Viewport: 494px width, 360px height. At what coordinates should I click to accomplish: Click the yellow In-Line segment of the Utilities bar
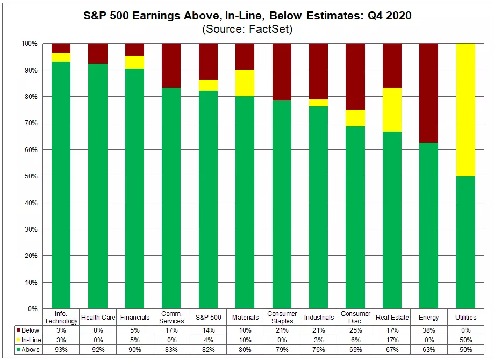pyautogui.click(x=466, y=110)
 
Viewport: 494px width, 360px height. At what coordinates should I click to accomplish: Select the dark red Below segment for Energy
pyautogui.click(x=429, y=93)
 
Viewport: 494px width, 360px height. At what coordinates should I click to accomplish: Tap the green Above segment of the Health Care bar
pyautogui.click(x=98, y=186)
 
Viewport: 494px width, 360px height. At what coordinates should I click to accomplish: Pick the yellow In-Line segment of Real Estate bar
pyautogui.click(x=392, y=110)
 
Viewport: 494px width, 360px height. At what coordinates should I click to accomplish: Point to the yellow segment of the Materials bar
pyautogui.click(x=245, y=83)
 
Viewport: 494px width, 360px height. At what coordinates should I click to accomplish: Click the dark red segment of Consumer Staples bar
pyautogui.click(x=282, y=72)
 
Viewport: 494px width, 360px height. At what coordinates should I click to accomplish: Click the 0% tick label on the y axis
pyautogui.click(x=32, y=309)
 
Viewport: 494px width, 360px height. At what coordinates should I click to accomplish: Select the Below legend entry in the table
pyautogui.click(x=28, y=330)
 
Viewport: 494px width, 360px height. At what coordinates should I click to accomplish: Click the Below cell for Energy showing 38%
pyautogui.click(x=429, y=330)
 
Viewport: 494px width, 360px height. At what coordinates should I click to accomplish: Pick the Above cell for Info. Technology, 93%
pyautogui.click(x=61, y=350)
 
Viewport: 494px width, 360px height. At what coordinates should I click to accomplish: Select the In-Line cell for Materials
pyautogui.click(x=245, y=340)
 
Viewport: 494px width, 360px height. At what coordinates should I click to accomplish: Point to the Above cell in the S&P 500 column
pyautogui.click(x=208, y=350)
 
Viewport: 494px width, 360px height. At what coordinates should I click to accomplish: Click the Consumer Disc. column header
pyautogui.click(x=355, y=317)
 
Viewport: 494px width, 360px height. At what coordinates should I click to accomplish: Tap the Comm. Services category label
pyautogui.click(x=171, y=317)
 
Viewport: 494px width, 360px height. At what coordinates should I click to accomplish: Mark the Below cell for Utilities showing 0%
pyautogui.click(x=466, y=330)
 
